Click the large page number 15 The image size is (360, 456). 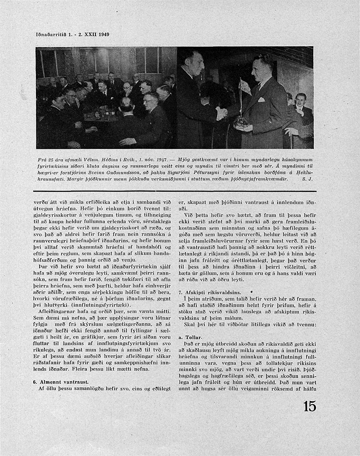tap(310, 406)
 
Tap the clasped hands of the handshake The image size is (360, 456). tap(221, 114)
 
